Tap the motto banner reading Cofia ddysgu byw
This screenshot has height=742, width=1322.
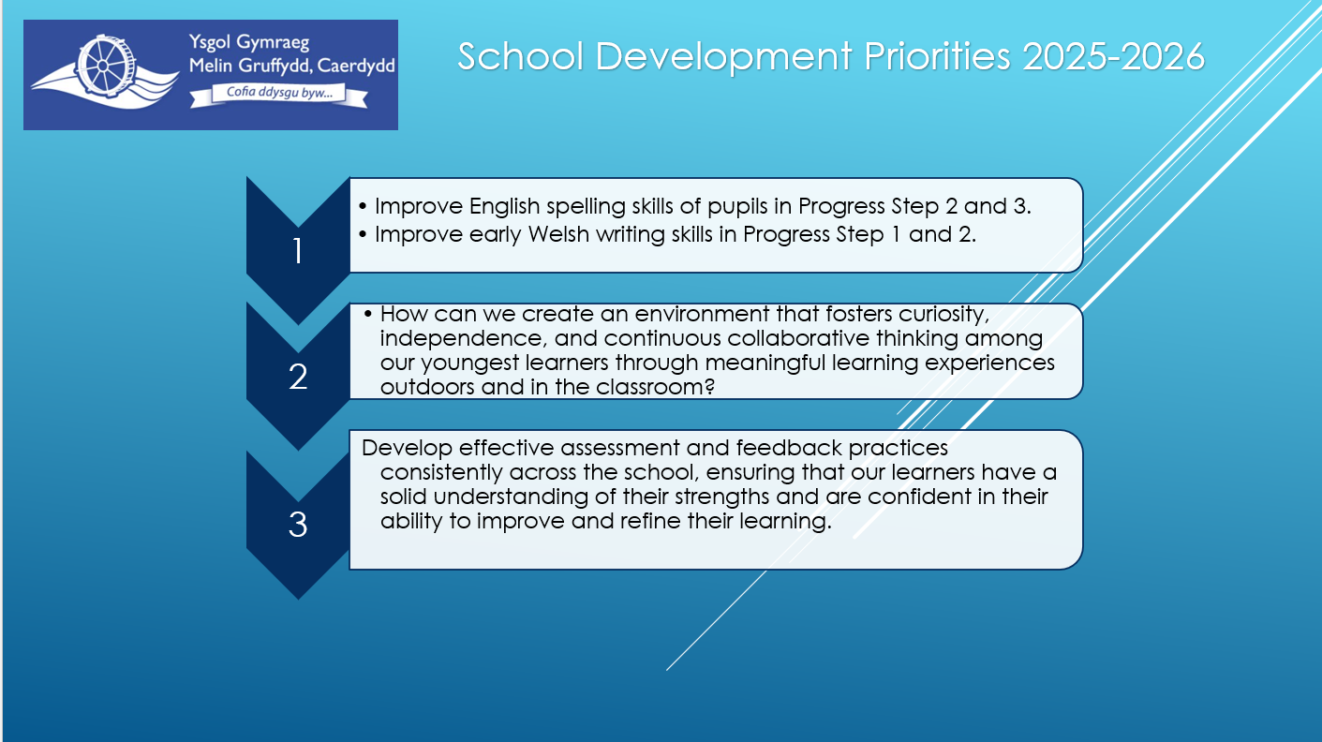(279, 95)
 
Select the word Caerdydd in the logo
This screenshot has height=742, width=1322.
(356, 65)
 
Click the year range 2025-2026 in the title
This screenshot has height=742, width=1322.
(1113, 57)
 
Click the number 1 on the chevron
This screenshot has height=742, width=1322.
(297, 251)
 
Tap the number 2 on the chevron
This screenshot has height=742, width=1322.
(298, 376)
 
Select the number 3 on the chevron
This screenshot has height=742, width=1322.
(298, 525)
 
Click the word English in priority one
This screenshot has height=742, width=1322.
(505, 207)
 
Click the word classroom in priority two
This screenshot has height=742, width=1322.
(655, 387)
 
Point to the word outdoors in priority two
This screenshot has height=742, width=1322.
(427, 387)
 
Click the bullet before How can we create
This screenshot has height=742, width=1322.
(368, 314)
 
